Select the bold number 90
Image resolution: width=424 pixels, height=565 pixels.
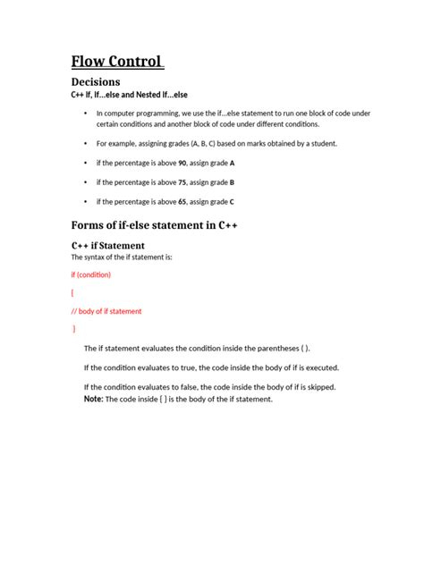point(182,164)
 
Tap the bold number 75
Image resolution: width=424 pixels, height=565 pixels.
point(182,181)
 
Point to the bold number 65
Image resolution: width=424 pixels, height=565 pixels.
point(182,200)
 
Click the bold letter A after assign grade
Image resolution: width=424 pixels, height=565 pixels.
point(233,164)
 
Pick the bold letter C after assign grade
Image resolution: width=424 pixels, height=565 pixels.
point(233,200)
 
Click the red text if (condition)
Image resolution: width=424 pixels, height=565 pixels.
point(91,275)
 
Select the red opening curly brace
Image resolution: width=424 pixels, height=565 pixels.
point(72,293)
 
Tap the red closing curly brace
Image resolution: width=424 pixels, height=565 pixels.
point(74,329)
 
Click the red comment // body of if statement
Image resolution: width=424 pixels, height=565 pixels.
point(106,311)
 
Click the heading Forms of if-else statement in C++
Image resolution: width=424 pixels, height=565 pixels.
point(154,224)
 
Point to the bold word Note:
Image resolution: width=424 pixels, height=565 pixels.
point(93,399)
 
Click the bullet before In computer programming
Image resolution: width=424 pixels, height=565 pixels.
point(86,114)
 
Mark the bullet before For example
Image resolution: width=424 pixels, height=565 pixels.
point(86,143)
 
